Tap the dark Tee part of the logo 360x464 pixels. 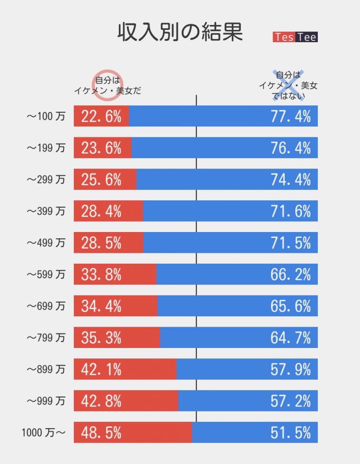[307, 37]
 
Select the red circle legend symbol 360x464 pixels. [108, 84]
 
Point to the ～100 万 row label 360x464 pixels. [45, 116]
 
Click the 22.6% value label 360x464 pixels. [101, 116]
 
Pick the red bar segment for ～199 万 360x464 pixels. [102, 148]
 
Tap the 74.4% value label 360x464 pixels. [291, 179]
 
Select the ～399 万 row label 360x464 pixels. [45, 211]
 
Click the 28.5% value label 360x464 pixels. [101, 243]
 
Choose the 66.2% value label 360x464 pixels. [291, 275]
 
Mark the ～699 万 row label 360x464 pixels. [45, 306]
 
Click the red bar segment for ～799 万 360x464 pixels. [117, 338]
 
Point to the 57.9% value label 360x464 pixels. [291, 369]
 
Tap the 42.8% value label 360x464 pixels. [101, 401]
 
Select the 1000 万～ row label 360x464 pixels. [44, 433]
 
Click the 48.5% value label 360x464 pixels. [101, 433]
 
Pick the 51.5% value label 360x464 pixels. [291, 433]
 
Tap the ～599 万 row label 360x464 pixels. [45, 275]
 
